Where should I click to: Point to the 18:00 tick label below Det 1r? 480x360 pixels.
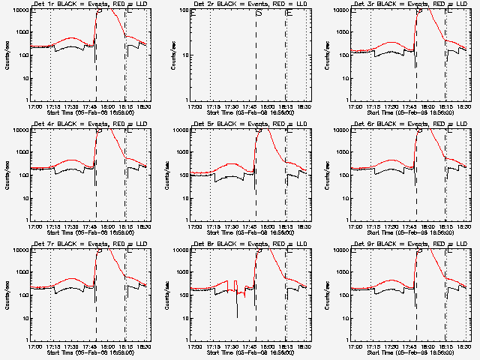106,105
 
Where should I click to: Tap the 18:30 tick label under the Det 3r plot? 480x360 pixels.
463,105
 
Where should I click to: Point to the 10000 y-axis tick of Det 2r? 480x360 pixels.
181,10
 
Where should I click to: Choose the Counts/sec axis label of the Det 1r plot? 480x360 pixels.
7,54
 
